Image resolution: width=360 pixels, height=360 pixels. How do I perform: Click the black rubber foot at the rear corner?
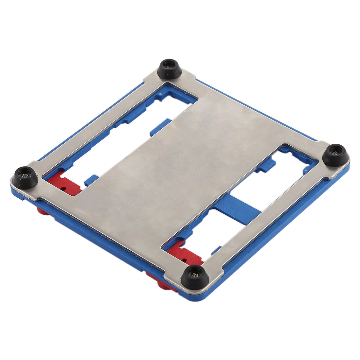point(170,68)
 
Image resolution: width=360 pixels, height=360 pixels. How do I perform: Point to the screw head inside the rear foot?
point(170,65)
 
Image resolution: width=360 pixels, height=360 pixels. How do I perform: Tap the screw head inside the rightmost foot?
point(335,152)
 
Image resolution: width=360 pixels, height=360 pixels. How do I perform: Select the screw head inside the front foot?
point(195,272)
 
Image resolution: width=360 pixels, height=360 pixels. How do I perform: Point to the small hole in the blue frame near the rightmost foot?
point(305,170)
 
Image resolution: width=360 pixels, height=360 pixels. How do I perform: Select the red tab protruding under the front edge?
point(160,281)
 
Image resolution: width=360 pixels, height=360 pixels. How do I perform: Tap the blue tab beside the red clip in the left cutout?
point(90,180)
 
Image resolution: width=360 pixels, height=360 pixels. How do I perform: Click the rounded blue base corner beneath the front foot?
point(196,296)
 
